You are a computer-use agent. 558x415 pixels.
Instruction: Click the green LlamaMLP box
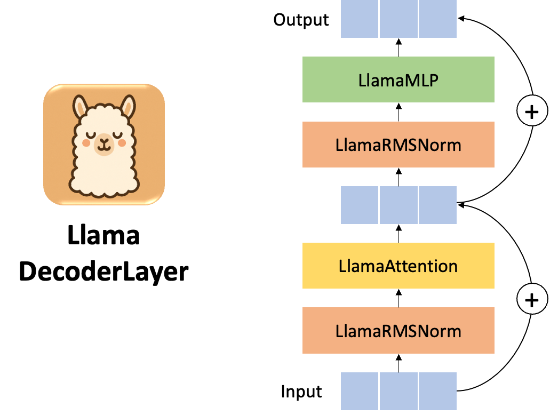[x=398, y=79]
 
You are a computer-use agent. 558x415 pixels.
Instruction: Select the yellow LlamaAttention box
[x=398, y=266]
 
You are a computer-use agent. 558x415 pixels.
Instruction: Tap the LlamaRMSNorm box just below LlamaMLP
[x=398, y=145]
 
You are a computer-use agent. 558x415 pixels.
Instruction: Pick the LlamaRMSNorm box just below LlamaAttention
[x=398, y=331]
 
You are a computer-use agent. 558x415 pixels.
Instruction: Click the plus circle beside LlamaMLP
[x=532, y=111]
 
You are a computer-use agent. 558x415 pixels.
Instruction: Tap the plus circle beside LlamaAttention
[x=532, y=300]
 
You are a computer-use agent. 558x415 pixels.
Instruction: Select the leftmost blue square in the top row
[x=360, y=19]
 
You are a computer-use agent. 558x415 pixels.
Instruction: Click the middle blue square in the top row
[x=399, y=19]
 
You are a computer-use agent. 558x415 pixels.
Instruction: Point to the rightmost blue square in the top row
[x=438, y=19]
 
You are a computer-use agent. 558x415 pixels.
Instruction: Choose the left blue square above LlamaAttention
[x=360, y=205]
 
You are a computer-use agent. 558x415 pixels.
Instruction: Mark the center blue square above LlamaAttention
[x=399, y=205]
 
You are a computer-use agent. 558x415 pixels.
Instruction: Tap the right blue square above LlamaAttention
[x=438, y=205]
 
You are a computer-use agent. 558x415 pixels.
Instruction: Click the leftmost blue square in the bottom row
[x=360, y=391]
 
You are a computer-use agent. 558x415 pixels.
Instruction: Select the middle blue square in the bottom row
[x=399, y=391]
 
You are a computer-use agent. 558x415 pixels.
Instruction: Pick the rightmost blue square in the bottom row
[x=438, y=391]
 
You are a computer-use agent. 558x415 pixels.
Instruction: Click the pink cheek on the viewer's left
[x=86, y=143]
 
